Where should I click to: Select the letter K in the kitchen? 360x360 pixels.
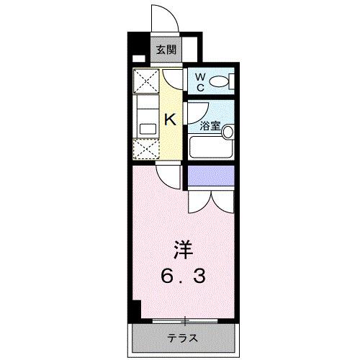[x=171, y=120]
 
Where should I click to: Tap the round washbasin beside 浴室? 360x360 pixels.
[x=228, y=132]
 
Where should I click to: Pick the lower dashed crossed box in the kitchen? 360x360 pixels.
[x=147, y=150]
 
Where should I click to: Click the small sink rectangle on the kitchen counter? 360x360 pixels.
[x=148, y=129]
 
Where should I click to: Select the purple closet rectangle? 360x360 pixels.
[x=211, y=175]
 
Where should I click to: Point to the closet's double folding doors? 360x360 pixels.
[x=210, y=202]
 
